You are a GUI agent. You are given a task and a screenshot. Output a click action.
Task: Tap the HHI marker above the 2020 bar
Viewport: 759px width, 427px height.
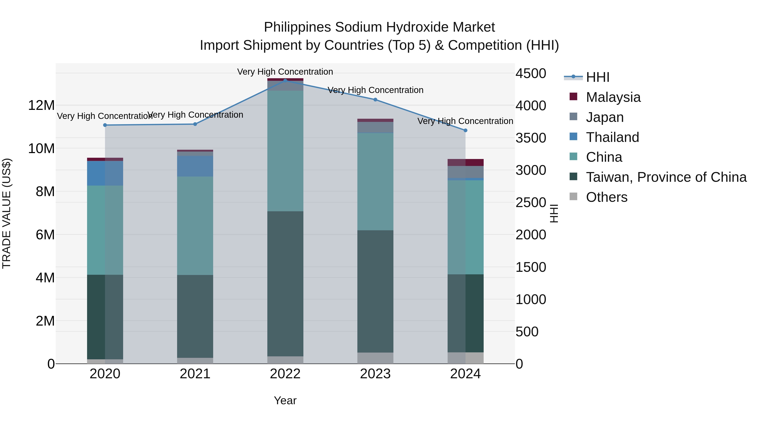(x=105, y=125)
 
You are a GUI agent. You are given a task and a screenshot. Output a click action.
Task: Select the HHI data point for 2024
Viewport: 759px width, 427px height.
(x=465, y=130)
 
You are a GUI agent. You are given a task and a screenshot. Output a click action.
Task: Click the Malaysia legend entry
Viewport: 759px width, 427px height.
(x=613, y=97)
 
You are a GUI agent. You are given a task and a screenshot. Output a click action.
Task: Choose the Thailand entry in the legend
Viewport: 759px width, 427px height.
(x=612, y=137)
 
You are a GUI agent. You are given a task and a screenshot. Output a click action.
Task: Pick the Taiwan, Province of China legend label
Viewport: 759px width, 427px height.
(x=666, y=177)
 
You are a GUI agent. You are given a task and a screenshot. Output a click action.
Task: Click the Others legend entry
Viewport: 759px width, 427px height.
(x=606, y=197)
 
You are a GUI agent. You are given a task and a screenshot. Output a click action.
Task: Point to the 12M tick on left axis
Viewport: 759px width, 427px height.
(x=41, y=105)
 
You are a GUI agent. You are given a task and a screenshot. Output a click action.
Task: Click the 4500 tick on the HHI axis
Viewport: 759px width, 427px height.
(x=531, y=73)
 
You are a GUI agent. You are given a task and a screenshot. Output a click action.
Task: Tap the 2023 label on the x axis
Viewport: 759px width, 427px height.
(x=375, y=374)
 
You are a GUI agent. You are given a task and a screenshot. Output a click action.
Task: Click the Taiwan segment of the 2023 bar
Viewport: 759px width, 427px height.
(x=375, y=291)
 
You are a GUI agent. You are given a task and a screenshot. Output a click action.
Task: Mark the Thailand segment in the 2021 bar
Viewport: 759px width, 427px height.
(x=195, y=166)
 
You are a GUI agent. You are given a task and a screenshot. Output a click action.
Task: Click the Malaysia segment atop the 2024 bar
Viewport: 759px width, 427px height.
(x=465, y=162)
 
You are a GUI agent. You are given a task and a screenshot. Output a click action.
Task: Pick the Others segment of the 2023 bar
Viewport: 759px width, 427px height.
(x=375, y=358)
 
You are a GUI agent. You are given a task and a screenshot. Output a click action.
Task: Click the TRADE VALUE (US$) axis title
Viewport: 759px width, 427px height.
(x=7, y=213)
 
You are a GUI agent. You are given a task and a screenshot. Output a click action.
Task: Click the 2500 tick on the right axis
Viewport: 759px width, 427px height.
(x=531, y=203)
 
